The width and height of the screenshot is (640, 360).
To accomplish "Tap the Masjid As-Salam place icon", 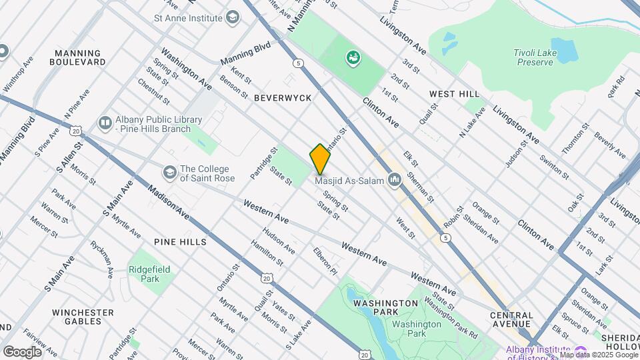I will click(395, 179).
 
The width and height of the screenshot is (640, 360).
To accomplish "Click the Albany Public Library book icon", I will click(105, 123).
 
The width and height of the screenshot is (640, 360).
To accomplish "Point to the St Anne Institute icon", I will click(232, 17).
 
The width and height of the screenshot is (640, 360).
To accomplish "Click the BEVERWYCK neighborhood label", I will click(283, 98).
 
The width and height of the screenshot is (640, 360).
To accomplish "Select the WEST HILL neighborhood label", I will click(454, 94).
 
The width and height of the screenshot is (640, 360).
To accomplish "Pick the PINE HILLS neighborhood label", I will click(180, 242).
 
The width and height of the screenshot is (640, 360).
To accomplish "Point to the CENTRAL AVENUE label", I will click(511, 320).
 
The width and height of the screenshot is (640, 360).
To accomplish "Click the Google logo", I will click(21, 351).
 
